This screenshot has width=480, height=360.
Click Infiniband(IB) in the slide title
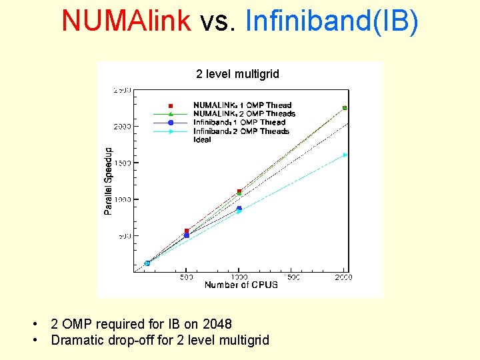click(332, 21)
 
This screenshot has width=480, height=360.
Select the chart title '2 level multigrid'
click(237, 74)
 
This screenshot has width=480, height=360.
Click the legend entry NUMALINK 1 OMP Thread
click(242, 105)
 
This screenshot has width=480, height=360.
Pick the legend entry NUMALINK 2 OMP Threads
click(244, 114)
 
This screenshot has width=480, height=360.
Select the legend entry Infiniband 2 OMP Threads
click(241, 131)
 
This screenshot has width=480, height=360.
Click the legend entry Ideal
click(202, 140)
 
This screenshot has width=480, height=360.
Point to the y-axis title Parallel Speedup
click(109, 181)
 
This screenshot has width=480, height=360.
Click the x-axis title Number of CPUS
click(241, 285)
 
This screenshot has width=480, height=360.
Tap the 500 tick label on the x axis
click(187, 277)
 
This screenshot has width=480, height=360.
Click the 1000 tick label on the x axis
click(239, 277)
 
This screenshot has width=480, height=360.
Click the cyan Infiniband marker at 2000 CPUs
click(345, 155)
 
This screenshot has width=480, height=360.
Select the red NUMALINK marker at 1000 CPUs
click(239, 191)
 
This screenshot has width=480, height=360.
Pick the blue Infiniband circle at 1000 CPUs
click(239, 209)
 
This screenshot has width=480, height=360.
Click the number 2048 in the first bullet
click(217, 324)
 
